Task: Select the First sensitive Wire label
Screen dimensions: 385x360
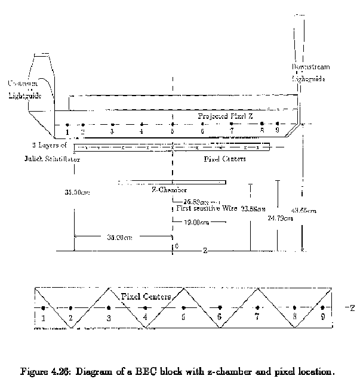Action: click(205, 209)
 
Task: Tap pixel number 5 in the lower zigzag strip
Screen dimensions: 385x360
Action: click(183, 318)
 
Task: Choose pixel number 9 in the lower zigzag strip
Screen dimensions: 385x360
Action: click(322, 318)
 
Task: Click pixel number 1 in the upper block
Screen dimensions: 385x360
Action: click(68, 131)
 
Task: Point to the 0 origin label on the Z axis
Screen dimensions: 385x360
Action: click(176, 245)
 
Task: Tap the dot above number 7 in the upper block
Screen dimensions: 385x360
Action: click(231, 124)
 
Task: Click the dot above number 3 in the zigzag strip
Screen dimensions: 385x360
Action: click(108, 308)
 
